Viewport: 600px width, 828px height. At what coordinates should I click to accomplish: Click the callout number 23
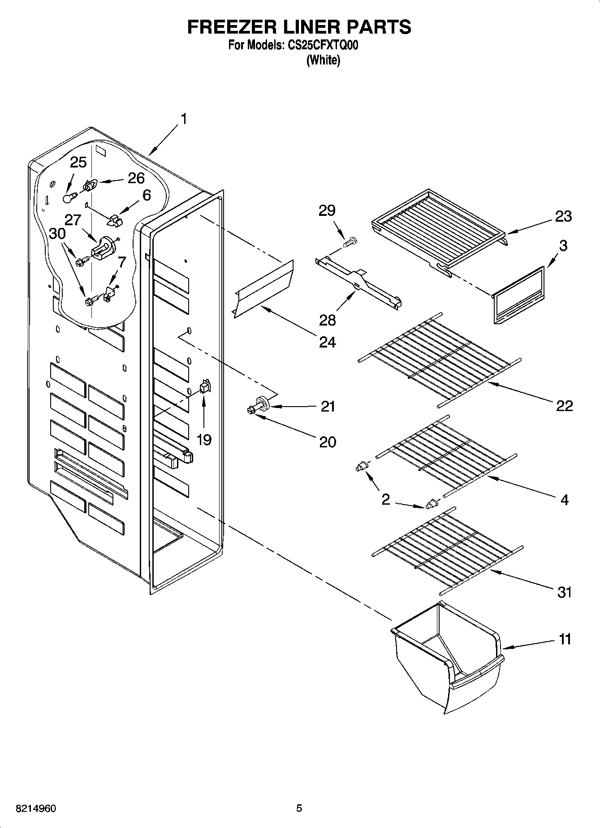pyautogui.click(x=563, y=216)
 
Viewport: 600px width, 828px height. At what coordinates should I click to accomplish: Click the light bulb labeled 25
pyautogui.click(x=68, y=197)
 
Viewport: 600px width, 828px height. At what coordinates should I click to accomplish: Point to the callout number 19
pyautogui.click(x=204, y=440)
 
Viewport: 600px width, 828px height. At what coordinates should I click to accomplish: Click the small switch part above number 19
pyautogui.click(x=205, y=386)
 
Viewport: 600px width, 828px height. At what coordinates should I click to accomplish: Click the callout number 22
pyautogui.click(x=564, y=406)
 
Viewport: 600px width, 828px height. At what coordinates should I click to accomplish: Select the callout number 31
pyautogui.click(x=565, y=592)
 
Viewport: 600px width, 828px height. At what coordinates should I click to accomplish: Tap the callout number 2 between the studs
pyautogui.click(x=385, y=499)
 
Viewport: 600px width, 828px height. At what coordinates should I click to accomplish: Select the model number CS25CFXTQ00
pyautogui.click(x=321, y=45)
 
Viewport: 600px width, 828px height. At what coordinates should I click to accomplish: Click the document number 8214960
pyautogui.click(x=36, y=808)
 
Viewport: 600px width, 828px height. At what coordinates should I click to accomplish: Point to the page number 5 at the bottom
pyautogui.click(x=299, y=808)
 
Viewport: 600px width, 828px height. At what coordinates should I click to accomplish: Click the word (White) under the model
pyautogui.click(x=323, y=60)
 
